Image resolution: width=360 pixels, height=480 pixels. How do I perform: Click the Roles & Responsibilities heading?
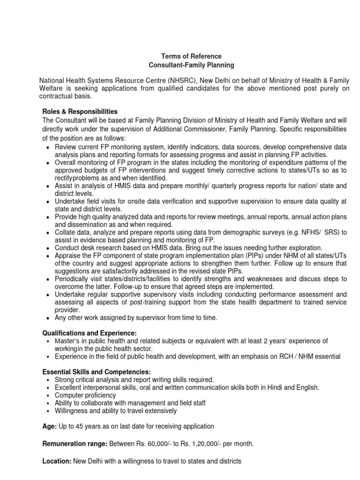pos(80,112)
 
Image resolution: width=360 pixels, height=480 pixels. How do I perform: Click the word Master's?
pos(68,341)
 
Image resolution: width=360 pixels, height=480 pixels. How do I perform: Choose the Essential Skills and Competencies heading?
pos(97,372)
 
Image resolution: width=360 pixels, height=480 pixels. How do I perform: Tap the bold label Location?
pos(56,461)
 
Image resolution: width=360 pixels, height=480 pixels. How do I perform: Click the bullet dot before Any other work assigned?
pos(49,318)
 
